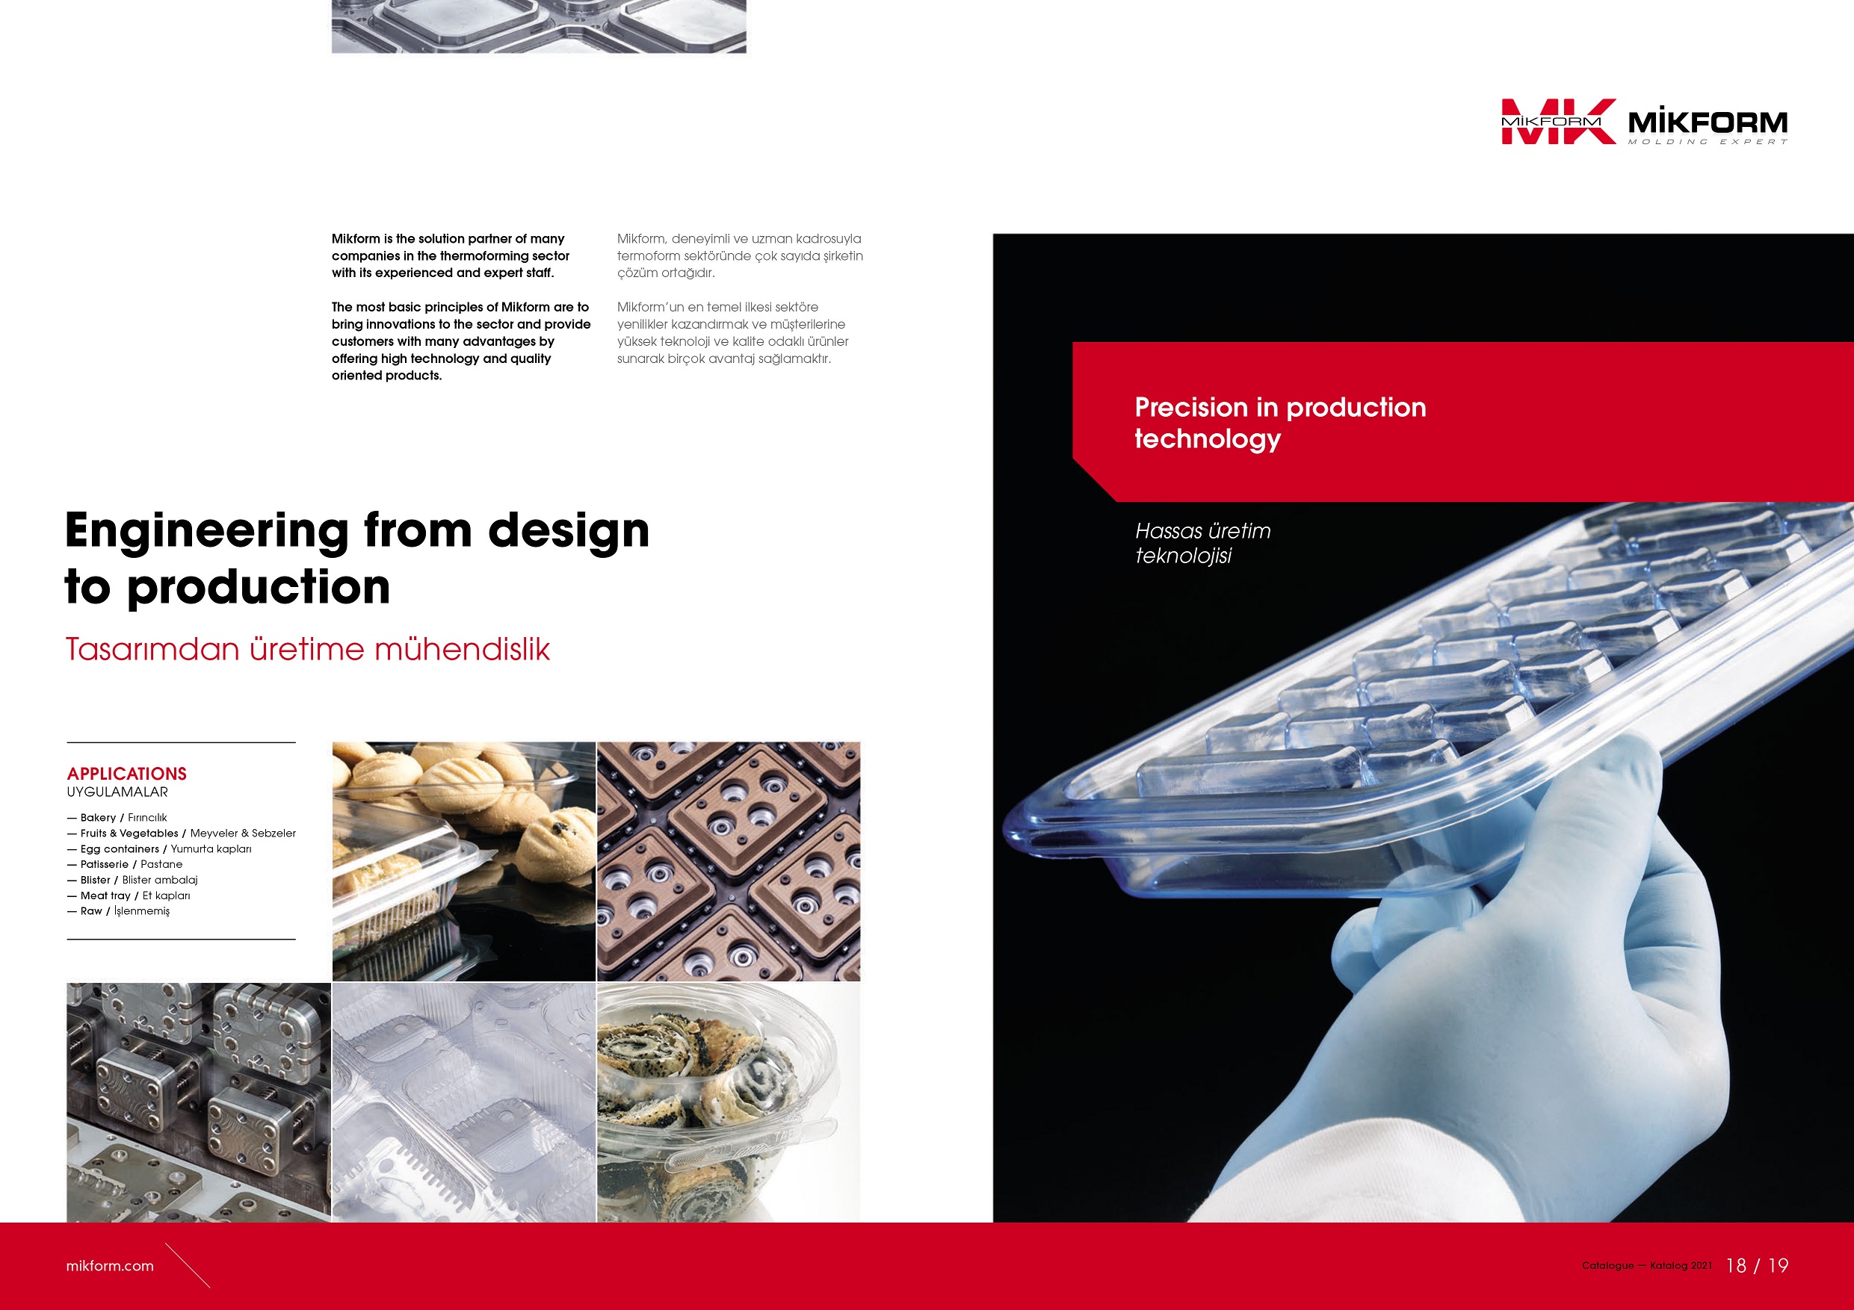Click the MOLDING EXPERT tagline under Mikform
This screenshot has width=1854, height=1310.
(x=1708, y=142)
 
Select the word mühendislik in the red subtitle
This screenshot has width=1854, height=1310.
(x=462, y=649)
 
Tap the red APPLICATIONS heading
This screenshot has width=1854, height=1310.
(x=127, y=773)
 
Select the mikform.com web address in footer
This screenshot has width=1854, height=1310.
(x=110, y=1266)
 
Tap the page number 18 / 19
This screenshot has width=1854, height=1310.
(x=1757, y=1266)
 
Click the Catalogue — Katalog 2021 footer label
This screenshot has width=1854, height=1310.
(x=1646, y=1266)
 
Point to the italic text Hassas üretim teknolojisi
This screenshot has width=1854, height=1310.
(x=1202, y=543)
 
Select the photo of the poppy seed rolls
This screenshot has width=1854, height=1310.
(x=729, y=1102)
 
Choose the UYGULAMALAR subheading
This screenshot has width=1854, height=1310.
(x=117, y=792)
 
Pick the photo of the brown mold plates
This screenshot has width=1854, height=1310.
(x=729, y=861)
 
